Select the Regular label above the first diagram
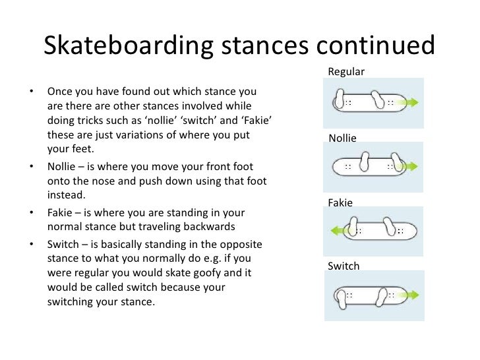pyautogui.click(x=345, y=71)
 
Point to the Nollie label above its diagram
pyautogui.click(x=342, y=138)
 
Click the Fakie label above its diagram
pyautogui.click(x=340, y=203)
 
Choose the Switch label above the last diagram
pyautogui.click(x=344, y=266)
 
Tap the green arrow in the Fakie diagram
pyautogui.click(x=341, y=231)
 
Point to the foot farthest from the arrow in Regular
pyautogui.click(x=340, y=100)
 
